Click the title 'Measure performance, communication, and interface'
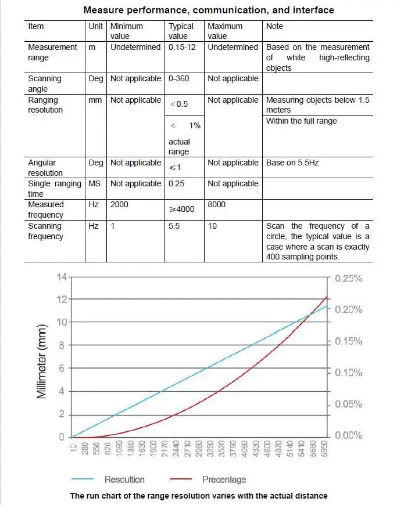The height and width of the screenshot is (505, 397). pos(209,10)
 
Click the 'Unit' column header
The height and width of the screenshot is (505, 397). pos(95,26)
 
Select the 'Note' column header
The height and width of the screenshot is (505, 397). pos(274,26)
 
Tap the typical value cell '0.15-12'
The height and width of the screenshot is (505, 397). pos(182,47)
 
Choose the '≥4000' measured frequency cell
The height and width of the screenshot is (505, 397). pos(182,209)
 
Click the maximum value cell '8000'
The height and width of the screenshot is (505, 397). pos(216,205)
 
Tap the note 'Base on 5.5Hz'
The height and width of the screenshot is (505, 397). pos(292,163)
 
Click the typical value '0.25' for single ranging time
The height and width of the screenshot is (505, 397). pos(177,183)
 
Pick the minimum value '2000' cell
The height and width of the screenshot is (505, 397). pos(119,205)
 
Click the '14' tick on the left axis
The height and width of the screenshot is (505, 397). pos(62,276)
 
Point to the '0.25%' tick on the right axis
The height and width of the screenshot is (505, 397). pos(348,278)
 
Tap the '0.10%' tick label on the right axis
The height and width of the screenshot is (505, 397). pos(348,373)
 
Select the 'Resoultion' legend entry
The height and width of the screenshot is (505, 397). pos(124,479)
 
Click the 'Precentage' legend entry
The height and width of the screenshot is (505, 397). pos(224,479)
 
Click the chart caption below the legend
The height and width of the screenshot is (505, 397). pos(199,496)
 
